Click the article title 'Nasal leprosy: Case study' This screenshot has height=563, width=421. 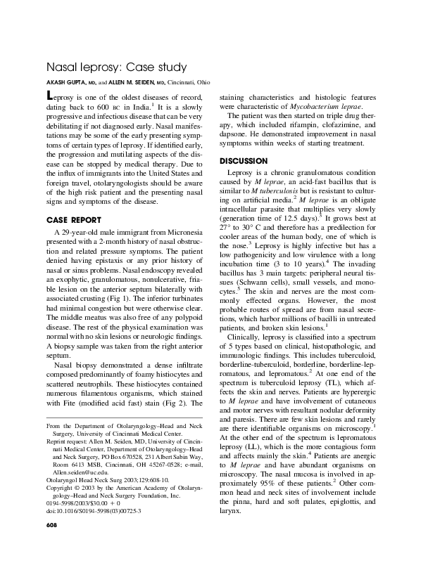point(115,67)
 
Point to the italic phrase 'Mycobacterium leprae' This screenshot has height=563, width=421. point(343,106)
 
